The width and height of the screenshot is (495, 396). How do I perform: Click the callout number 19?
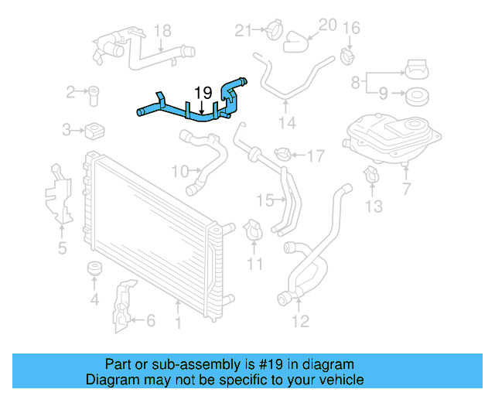pyautogui.click(x=203, y=92)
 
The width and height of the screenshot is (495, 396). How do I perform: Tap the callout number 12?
pyautogui.click(x=300, y=319)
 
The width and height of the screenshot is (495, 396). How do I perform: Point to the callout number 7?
pyautogui.click(x=407, y=189)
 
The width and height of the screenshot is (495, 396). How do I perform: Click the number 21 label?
pyautogui.click(x=244, y=31)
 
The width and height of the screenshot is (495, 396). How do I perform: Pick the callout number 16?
pyautogui.click(x=351, y=29)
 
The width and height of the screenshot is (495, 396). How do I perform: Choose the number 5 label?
pyautogui.click(x=62, y=247)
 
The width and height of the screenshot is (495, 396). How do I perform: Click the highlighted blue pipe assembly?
pyautogui.click(x=193, y=111)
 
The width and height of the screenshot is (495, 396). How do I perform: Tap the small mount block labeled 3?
pyautogui.click(x=96, y=128)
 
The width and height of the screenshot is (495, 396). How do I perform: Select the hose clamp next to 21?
pyautogui.click(x=271, y=32)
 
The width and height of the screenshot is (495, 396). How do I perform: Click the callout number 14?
pyautogui.click(x=287, y=122)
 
